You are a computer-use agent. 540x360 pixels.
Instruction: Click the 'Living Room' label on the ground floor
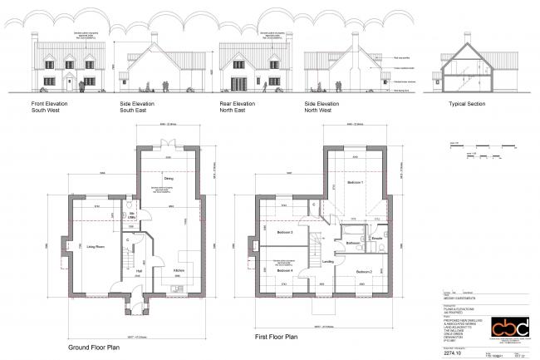coord(92,246)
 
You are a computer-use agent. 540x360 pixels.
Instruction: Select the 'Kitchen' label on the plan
coord(177,271)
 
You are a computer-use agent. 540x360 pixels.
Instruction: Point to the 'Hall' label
coord(140,271)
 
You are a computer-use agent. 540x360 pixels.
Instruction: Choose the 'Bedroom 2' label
coord(364,271)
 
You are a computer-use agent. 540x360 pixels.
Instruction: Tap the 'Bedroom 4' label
coord(284,272)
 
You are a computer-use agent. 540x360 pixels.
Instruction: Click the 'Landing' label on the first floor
coord(328,262)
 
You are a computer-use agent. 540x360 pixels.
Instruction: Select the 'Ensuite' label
coord(376,239)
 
